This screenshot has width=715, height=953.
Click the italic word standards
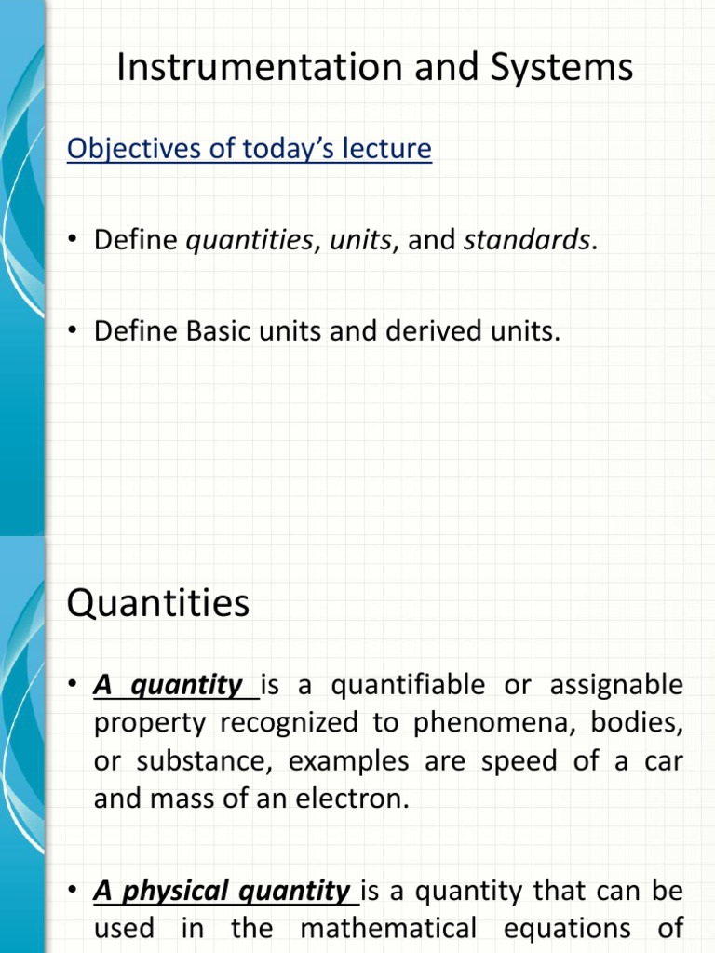pos(527,240)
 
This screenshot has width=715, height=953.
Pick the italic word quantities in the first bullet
pos(250,240)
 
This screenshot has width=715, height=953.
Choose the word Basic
pos(219,330)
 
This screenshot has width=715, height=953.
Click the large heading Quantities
pos(158,603)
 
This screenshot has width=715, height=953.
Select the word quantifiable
pos(411,686)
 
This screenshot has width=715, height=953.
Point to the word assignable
pos(616,686)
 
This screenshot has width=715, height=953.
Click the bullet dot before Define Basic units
pos(74,331)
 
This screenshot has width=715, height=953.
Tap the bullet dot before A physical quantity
pos(74,892)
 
